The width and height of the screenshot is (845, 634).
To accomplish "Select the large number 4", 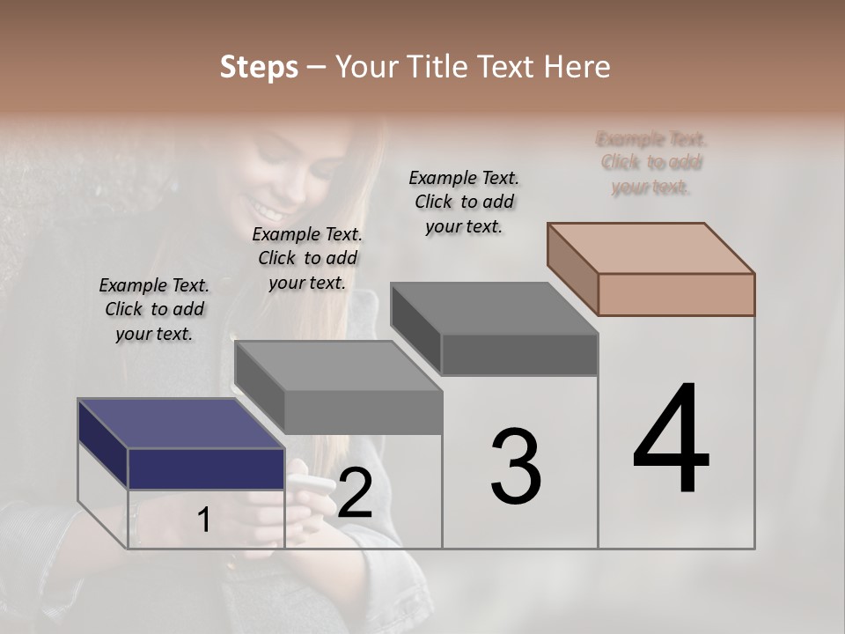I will [x=672, y=439].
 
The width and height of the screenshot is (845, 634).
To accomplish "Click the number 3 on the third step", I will [x=516, y=468].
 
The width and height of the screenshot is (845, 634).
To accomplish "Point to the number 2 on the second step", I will [x=355, y=493].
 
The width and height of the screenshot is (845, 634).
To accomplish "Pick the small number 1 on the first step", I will [x=203, y=520].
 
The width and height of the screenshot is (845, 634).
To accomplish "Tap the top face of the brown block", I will [x=651, y=247].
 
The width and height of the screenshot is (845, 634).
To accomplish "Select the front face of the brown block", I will [x=676, y=294].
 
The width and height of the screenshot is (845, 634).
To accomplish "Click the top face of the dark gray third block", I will [x=494, y=308].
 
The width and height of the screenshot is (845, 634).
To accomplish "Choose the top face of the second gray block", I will [x=338, y=365].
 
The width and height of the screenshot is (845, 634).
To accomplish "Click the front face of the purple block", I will [x=206, y=468].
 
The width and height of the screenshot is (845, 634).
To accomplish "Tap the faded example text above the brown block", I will [x=650, y=163].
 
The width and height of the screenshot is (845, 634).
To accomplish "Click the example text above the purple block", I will [x=154, y=309].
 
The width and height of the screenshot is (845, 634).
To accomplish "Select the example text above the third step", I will [x=464, y=202].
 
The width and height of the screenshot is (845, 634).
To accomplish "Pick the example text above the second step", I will [x=307, y=258].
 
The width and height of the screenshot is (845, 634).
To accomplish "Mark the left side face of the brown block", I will [x=572, y=269].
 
